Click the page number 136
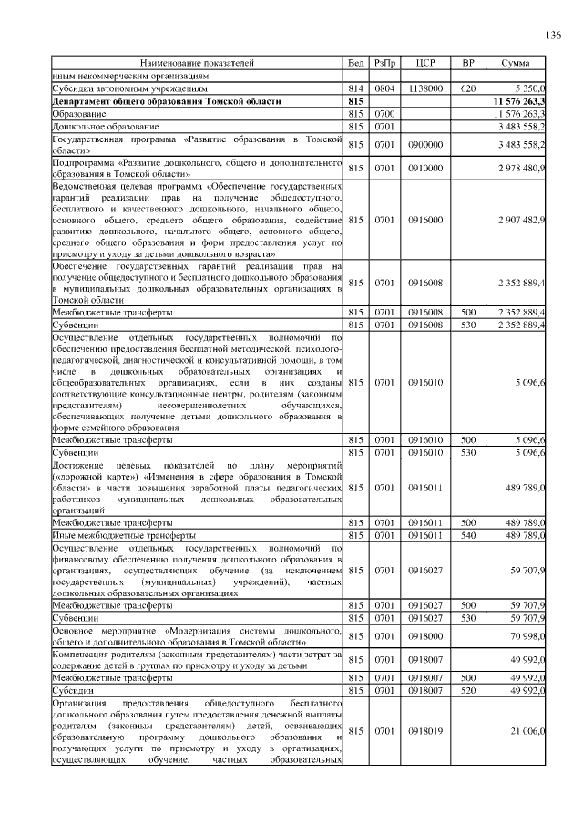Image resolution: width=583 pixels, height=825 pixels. coord(552,36)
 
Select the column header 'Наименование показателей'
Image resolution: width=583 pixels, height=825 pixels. coord(197,63)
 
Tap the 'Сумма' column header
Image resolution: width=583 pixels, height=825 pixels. coord(516,63)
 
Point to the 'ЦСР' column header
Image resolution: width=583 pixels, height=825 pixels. coord(425,63)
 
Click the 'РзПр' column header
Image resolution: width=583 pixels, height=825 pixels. coord(384,63)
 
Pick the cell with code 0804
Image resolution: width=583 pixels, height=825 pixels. coord(384,88)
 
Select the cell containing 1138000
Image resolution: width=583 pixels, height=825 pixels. coord(425,88)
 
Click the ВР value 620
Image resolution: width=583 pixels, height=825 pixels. coord(468,88)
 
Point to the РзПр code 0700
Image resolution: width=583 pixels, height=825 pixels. coord(384,113)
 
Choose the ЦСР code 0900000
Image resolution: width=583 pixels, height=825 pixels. coord(425,144)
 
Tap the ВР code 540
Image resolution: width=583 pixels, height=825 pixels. coord(468,535)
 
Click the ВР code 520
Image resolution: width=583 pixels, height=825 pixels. coord(468,690)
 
